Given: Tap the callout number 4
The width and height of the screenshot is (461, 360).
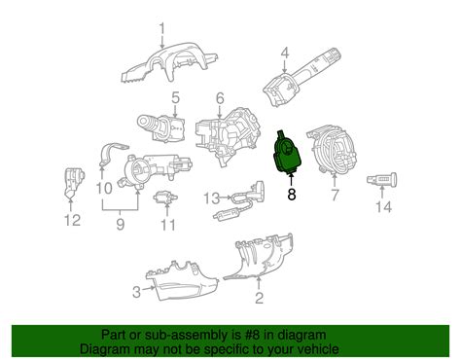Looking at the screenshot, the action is coord(285,54).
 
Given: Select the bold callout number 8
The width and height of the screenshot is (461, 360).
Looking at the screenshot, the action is coord(292,194).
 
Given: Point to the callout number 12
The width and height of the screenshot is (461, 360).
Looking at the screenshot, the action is coord(72,221).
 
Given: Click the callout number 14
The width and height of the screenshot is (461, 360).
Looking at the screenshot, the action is coord(383,207).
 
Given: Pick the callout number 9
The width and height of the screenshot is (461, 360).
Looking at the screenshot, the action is coord(121,224).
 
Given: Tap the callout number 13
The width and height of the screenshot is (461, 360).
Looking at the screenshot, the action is coord(212,198).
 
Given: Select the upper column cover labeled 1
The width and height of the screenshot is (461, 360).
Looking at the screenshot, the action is coord(168,64).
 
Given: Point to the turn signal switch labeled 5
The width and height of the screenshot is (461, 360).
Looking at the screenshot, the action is coord(161,128).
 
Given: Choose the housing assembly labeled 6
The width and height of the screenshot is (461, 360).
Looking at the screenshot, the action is coord(228,136).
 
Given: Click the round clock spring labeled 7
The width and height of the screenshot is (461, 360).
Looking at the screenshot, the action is coord(332,148).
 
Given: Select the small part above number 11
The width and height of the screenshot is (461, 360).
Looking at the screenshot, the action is coord(165,197).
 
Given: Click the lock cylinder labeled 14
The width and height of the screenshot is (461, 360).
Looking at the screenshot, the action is coord(382,179).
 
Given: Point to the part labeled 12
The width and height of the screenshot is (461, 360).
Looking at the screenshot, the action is coord(73,182).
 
